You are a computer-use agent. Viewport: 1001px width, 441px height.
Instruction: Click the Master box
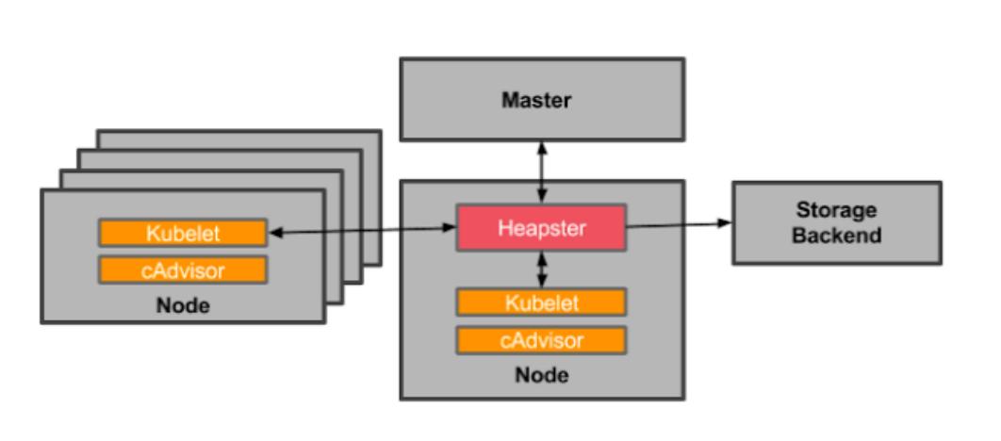(x=541, y=99)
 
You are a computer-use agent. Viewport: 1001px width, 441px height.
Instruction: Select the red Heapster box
(x=541, y=228)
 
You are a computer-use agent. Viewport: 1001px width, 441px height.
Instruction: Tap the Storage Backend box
(x=836, y=222)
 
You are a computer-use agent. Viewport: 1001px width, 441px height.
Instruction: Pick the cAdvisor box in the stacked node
(x=183, y=270)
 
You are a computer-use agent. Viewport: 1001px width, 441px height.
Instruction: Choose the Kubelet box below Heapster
(x=541, y=302)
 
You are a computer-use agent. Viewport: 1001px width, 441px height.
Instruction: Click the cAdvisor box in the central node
(x=541, y=339)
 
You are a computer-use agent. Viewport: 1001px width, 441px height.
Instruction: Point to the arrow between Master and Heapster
(x=541, y=171)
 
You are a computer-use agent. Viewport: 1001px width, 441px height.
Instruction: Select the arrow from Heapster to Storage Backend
(x=679, y=224)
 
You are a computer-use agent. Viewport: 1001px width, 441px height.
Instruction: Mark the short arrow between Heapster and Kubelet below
(x=541, y=269)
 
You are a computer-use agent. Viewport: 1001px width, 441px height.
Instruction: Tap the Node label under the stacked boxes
(x=183, y=305)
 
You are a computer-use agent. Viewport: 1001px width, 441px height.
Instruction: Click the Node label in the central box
(x=541, y=375)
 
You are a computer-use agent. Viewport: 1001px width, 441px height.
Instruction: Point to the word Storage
(x=836, y=210)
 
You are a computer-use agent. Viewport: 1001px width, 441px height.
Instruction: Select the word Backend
(x=836, y=235)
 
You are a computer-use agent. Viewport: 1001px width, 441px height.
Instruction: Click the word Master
(x=536, y=100)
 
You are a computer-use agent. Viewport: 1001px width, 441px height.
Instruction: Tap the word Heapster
(x=541, y=228)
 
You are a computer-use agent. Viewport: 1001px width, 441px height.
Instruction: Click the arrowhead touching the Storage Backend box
(x=725, y=223)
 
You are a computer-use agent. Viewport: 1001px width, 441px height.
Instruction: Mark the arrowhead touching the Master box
(x=541, y=148)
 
